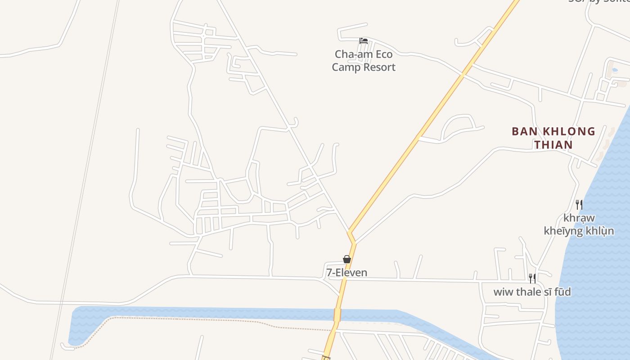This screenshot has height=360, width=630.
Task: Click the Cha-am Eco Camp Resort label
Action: coord(364,61)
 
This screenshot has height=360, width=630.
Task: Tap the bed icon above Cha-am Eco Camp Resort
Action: coord(364,41)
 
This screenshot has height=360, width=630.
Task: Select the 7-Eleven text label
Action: coord(347,273)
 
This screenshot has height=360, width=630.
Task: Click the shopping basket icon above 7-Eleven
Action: coord(347,259)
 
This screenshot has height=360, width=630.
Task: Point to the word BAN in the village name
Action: coord(524,131)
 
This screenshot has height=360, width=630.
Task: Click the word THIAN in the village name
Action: coord(553,145)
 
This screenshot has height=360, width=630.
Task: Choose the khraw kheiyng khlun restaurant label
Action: coord(579,225)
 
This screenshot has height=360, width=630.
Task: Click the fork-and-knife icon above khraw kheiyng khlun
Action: coord(579,205)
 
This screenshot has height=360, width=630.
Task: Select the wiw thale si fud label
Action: coord(532,292)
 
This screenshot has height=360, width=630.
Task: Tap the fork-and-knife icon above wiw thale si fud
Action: coord(532,279)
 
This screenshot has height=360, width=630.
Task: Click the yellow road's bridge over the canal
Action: coord(337,315)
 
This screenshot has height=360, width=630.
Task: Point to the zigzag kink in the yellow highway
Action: coord(351,237)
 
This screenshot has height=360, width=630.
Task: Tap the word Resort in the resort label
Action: coord(379,67)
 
